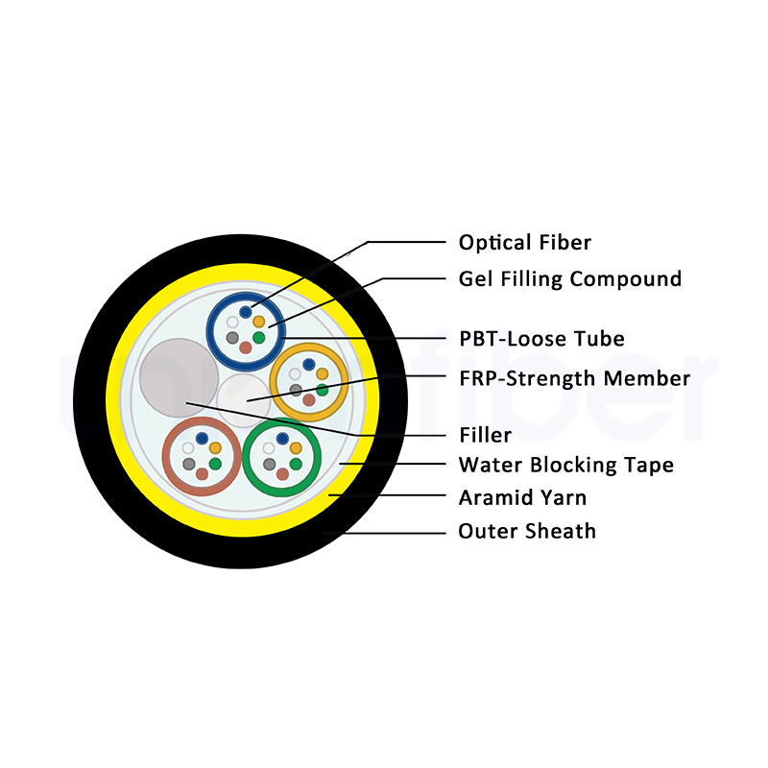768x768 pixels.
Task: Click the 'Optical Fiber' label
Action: coord(524,243)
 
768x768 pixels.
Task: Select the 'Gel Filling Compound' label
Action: coord(569,278)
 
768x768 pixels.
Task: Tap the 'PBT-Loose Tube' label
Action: coord(541,339)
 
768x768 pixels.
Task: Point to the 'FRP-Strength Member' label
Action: coord(574,378)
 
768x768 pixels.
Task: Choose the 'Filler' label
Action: coord(486,435)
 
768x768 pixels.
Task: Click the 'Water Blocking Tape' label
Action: coord(566,465)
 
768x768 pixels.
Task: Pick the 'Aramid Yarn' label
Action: coord(522,497)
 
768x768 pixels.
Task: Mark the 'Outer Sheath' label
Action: coord(527,531)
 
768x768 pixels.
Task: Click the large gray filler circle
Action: coord(179,377)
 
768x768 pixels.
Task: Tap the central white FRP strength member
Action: coord(244,400)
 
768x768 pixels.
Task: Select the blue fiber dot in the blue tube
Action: coord(246,312)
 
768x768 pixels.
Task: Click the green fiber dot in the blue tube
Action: coord(258,338)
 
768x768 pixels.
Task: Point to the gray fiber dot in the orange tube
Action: coord(296,390)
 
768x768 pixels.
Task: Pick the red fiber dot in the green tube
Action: coord(282,474)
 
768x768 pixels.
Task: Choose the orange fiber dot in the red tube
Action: coord(215,447)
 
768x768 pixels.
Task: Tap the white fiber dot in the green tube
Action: coord(269,448)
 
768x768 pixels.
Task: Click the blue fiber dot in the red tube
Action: coord(202,439)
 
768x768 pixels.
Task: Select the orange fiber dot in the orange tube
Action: coord(322,374)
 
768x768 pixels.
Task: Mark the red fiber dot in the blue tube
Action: coord(246,348)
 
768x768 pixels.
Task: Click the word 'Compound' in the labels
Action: coord(626,278)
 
